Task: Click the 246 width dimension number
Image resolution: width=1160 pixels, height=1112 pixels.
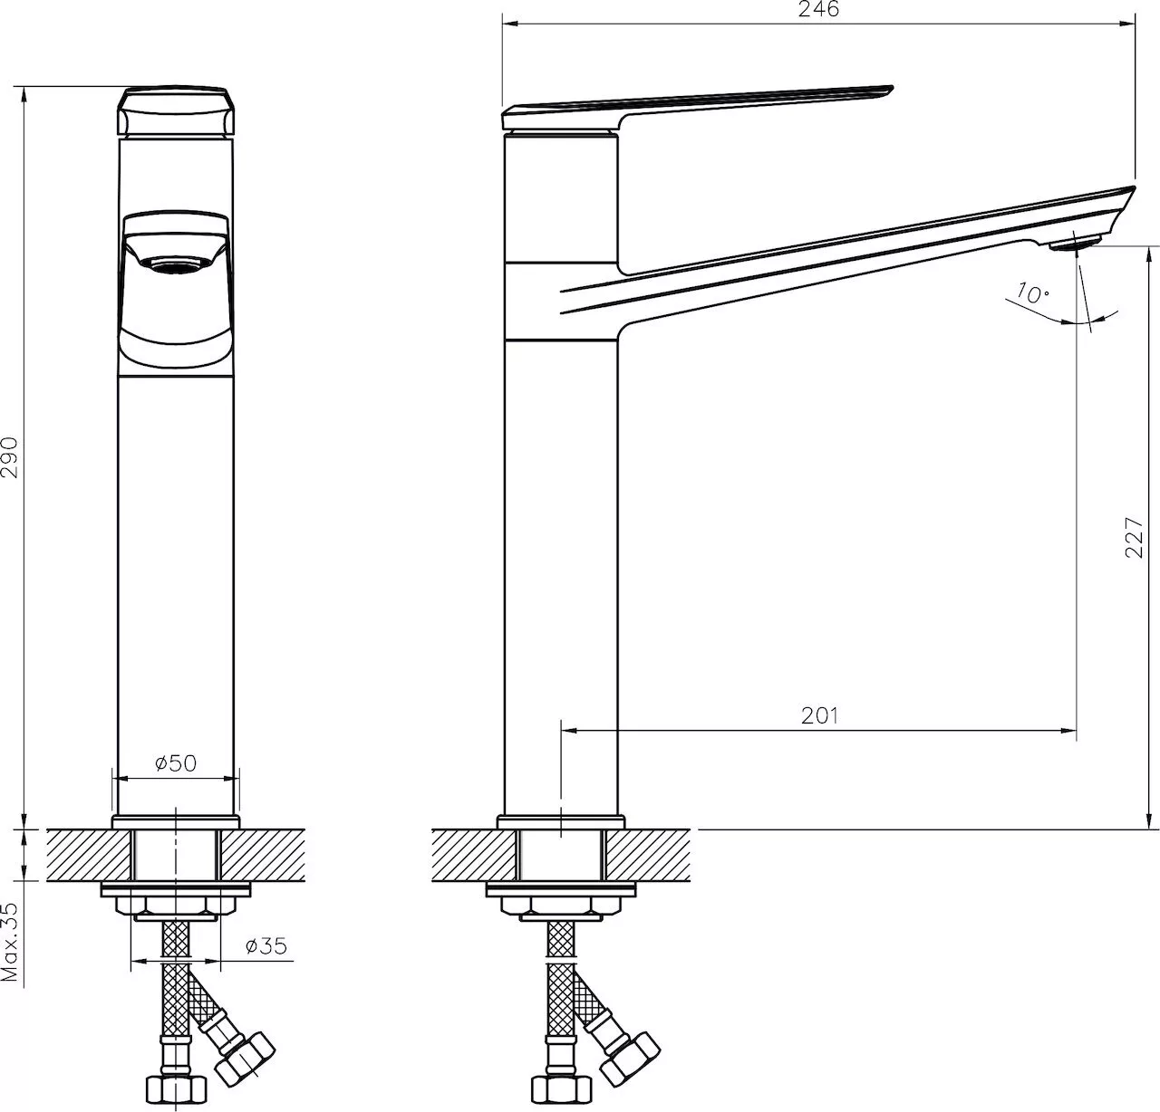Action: (818, 9)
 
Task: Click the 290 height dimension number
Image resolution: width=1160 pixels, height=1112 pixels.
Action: (10, 457)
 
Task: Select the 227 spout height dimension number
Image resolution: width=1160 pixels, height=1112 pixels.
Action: (1133, 538)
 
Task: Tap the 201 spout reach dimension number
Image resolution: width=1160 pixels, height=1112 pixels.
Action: (819, 715)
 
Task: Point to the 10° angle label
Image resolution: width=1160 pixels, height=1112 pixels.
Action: (1033, 292)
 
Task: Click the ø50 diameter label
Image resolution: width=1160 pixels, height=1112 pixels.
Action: (175, 763)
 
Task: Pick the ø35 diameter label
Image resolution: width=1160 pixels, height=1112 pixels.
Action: (266, 945)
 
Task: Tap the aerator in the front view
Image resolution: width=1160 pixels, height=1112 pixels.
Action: (176, 265)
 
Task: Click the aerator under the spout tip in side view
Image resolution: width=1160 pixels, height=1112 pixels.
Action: (1074, 243)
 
